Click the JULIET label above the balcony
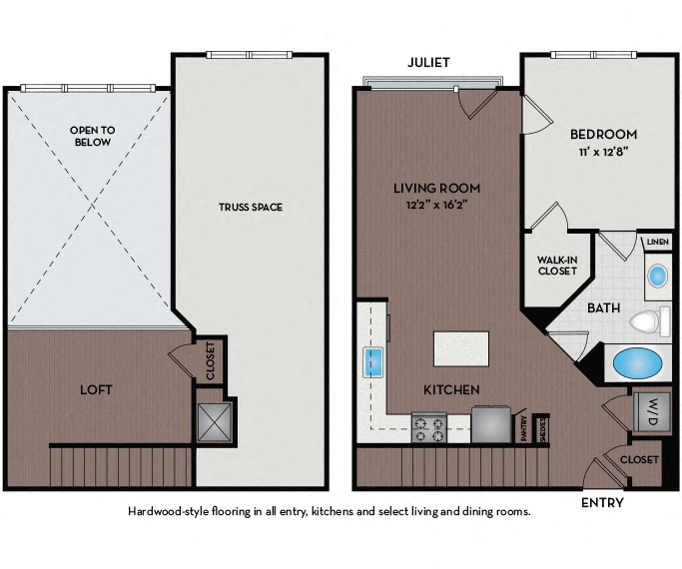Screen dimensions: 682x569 click(428, 63)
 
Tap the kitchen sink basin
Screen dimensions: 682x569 click(372, 362)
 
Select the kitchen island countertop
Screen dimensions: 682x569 click(461, 348)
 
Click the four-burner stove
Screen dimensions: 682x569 click(428, 428)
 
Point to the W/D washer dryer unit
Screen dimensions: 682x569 click(651, 411)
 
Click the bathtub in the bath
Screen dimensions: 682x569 click(637, 363)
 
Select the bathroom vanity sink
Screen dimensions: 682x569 click(657, 276)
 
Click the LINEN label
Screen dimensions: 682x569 click(658, 242)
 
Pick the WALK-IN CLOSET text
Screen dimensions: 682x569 click(557, 266)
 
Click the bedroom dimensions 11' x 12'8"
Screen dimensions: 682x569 click(604, 152)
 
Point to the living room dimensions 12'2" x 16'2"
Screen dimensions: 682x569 click(437, 205)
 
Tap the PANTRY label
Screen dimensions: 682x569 click(524, 428)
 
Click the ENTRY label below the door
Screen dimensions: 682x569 click(602, 503)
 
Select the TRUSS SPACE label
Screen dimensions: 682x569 click(251, 207)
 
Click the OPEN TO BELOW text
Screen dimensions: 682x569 click(93, 136)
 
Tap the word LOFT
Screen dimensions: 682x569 click(96, 389)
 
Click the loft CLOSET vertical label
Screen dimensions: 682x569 click(211, 360)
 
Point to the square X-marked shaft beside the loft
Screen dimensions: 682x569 click(215, 422)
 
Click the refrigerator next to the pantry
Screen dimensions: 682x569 click(491, 424)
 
